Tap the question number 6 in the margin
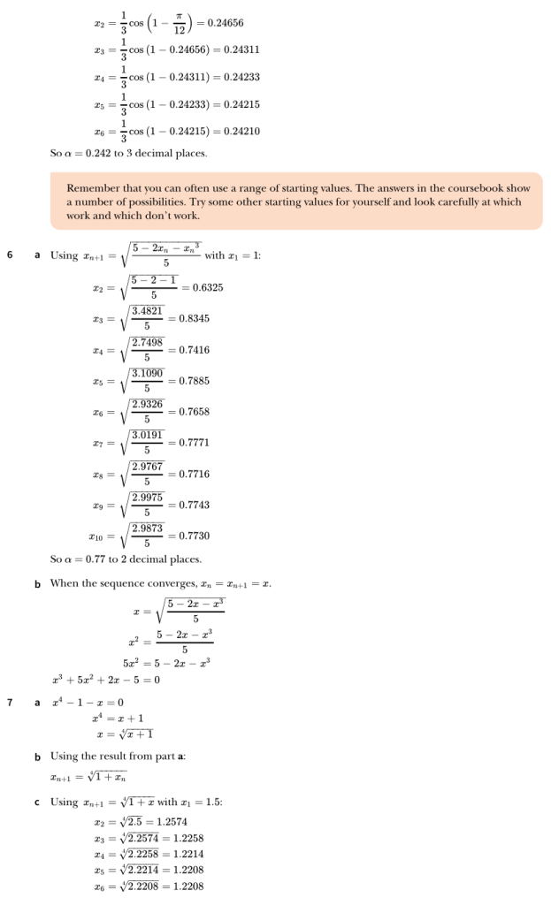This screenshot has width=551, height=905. pyautogui.click(x=10, y=255)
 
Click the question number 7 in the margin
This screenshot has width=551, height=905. pyautogui.click(x=10, y=703)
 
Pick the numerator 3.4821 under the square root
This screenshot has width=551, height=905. pyautogui.click(x=148, y=311)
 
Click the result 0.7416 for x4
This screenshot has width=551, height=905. pyautogui.click(x=195, y=350)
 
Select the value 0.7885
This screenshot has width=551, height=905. pyautogui.click(x=195, y=381)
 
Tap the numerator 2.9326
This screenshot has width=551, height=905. pyautogui.click(x=148, y=404)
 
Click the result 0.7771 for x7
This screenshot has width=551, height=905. pyautogui.click(x=195, y=443)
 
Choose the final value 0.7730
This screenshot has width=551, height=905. pyautogui.click(x=195, y=536)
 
